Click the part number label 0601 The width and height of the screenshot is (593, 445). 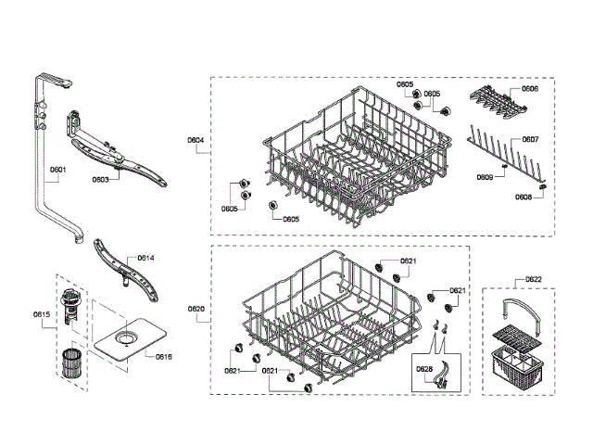coord(57,170)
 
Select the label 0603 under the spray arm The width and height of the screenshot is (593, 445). coord(100,181)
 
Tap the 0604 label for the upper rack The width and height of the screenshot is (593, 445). coord(196,139)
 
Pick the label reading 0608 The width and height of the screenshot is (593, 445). coord(524,197)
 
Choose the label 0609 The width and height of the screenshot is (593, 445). coord(485,176)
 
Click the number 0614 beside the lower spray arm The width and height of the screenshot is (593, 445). coord(145,257)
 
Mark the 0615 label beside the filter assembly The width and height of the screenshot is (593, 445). coord(41,314)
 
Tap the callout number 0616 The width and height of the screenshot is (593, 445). coord(163,356)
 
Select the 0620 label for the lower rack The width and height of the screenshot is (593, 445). coord(196,308)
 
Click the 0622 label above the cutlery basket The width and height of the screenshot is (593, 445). coord(533,279)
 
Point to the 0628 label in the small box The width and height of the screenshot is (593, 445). coord(424,369)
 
